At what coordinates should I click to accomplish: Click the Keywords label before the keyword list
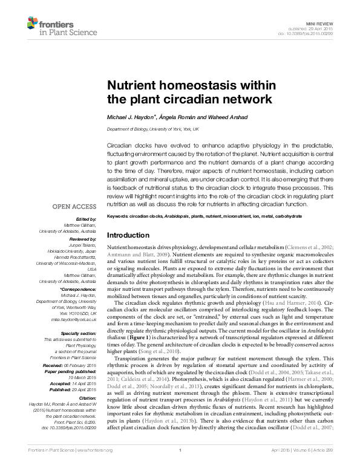pos(119,216)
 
